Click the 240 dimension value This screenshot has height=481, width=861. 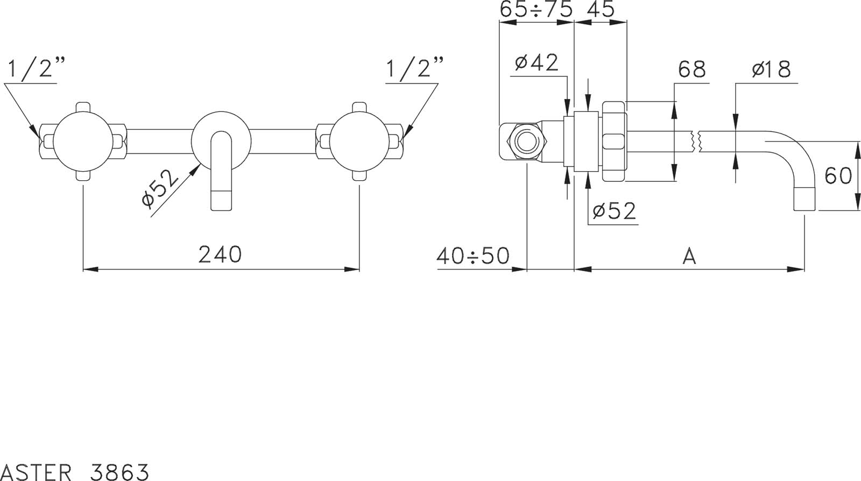[x=220, y=254]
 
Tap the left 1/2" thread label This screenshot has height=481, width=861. [x=36, y=68]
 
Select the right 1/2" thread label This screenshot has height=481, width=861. [x=415, y=68]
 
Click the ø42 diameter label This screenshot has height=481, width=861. [x=537, y=62]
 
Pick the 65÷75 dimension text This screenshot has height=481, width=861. [x=536, y=9]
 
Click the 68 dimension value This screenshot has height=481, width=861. [x=692, y=69]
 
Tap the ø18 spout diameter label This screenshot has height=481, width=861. [x=772, y=69]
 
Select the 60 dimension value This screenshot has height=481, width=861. [x=838, y=176]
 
